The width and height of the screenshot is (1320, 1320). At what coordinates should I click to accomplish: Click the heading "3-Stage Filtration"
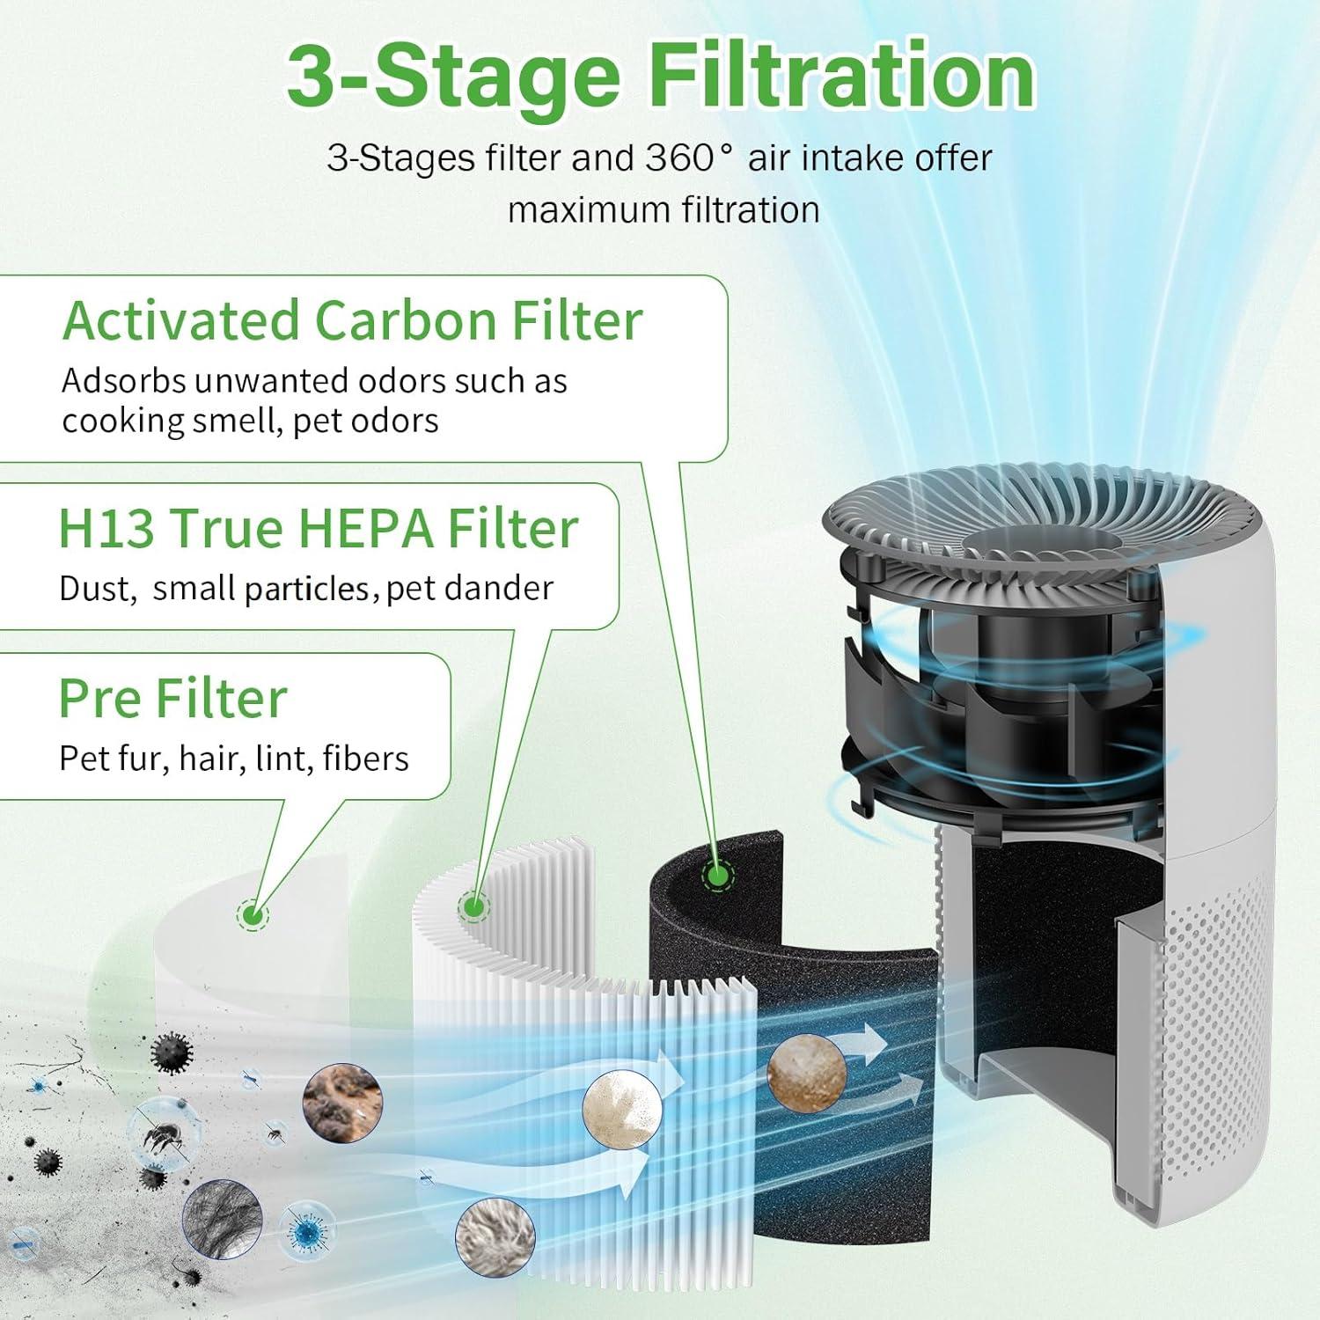(x=660, y=77)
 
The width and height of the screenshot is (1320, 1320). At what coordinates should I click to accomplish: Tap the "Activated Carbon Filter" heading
(x=352, y=320)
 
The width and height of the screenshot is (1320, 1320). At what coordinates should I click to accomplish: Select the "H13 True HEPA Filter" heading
(x=319, y=528)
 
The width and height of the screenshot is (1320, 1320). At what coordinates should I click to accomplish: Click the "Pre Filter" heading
(x=173, y=699)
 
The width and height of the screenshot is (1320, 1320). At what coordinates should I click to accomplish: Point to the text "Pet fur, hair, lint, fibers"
(x=234, y=759)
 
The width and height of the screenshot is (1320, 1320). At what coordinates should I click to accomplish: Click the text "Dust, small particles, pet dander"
(x=306, y=589)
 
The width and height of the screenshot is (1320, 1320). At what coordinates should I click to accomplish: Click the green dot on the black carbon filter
(x=717, y=875)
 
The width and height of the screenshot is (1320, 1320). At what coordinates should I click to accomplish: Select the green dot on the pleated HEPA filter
(x=473, y=906)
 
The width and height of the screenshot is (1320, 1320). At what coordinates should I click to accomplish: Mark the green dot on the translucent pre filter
(x=253, y=914)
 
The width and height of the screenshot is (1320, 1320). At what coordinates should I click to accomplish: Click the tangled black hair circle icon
(x=222, y=1220)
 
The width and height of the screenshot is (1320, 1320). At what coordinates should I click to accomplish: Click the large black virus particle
(x=172, y=1052)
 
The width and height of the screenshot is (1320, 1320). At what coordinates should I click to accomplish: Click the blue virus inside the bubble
(x=307, y=1233)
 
